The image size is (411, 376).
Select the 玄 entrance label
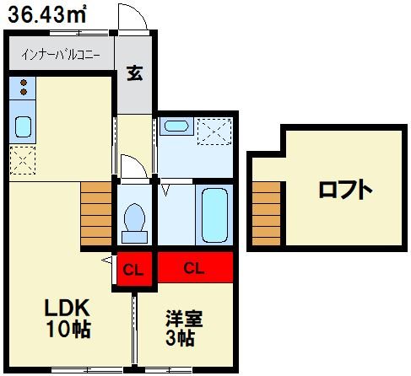pos(134,73)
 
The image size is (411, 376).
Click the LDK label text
pos(68,308)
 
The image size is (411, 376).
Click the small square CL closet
pos(132,270)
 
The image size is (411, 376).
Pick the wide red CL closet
pos(193,270)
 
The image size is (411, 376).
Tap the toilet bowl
pos(133,220)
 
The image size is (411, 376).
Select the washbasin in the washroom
pos(176,127)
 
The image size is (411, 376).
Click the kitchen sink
pos(23,126)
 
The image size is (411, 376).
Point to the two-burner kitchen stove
pos(23,86)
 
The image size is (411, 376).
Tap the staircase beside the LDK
pos(96,216)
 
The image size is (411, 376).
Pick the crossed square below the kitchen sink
pos(23,157)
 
